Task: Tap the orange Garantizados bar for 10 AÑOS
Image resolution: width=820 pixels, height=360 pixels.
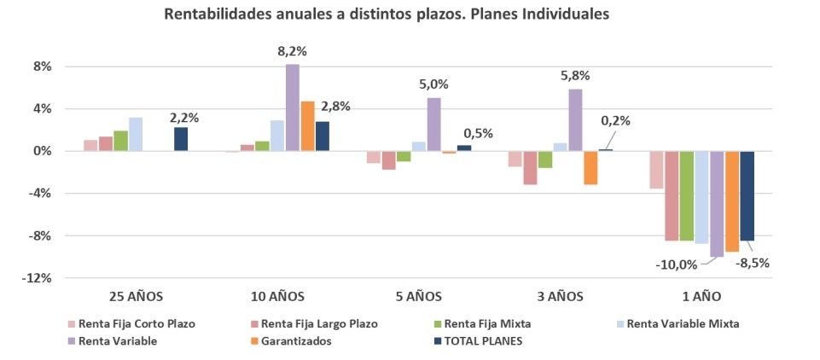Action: pos(308,126)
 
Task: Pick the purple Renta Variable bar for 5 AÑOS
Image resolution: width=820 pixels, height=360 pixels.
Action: pos(434,125)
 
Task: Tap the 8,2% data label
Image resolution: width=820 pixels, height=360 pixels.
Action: pos(292,51)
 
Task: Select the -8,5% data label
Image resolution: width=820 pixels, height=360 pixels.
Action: pos(753,263)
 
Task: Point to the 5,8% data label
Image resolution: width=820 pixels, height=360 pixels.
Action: pos(575,75)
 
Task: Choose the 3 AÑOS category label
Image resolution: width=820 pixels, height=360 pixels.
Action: pos(561,297)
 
